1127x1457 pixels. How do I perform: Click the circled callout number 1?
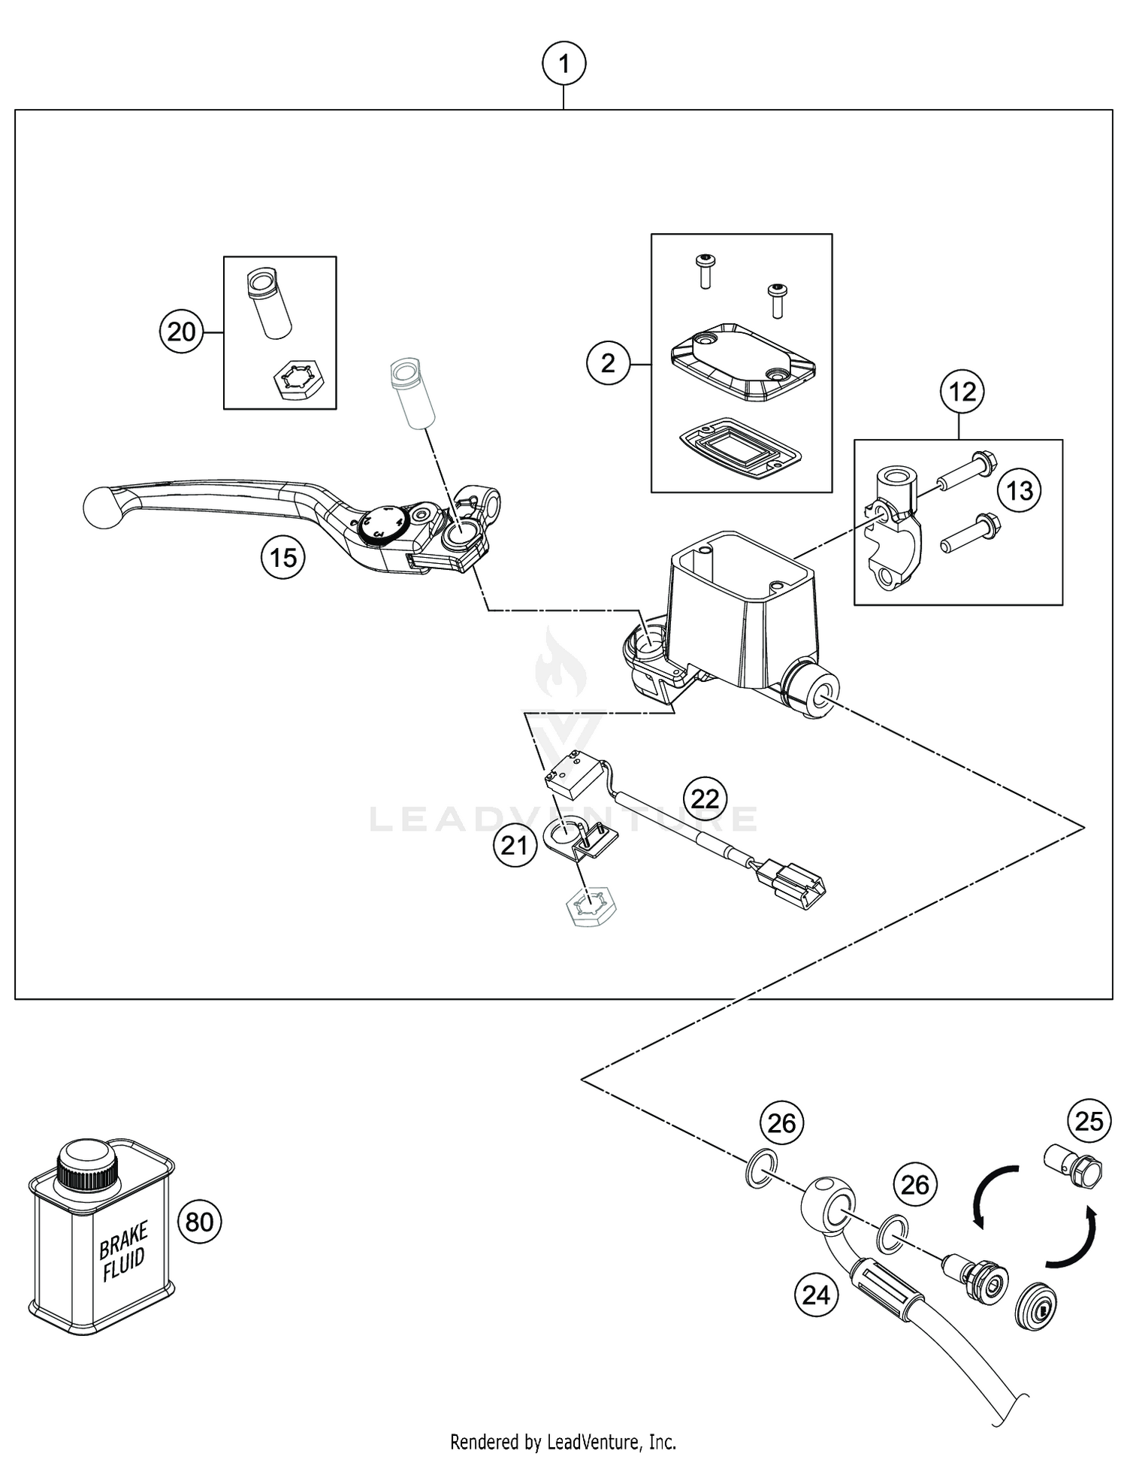[x=563, y=65]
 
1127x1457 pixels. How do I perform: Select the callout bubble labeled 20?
[x=181, y=332]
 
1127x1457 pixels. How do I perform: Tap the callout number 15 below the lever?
[x=283, y=558]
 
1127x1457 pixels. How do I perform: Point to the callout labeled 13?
[x=1020, y=491]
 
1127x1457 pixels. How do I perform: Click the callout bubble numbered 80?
[x=200, y=1222]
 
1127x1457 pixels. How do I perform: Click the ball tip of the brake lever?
[x=98, y=506]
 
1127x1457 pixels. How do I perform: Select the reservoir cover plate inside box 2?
[x=742, y=362]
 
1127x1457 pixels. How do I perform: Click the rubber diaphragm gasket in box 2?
[x=739, y=447]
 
